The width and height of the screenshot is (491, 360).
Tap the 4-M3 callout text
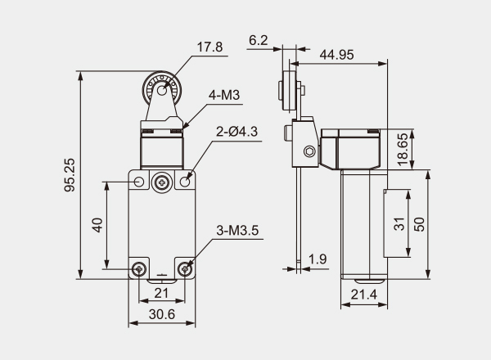(x=224, y=96)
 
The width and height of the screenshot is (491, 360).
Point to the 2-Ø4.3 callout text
(x=237, y=131)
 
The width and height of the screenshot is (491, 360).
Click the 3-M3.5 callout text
(x=238, y=232)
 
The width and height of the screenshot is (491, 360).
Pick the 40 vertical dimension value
(x=97, y=225)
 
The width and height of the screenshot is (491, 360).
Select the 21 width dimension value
(x=161, y=294)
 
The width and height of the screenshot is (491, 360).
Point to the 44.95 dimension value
(x=337, y=54)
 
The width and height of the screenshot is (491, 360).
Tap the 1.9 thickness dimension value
(x=318, y=260)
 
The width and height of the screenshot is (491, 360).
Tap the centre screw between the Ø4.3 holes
(x=163, y=182)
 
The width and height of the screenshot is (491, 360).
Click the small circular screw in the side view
(x=309, y=151)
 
